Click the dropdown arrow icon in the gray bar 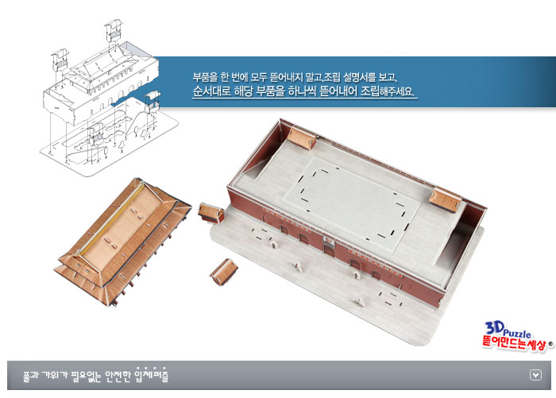(535, 375)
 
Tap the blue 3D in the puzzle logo (494, 328)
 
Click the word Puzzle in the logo (518, 334)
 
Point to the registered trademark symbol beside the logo (550, 343)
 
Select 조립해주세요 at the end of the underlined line (388, 91)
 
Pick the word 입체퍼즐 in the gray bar (152, 375)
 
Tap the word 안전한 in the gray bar (118, 375)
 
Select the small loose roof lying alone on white (224, 272)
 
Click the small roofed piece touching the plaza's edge (211, 213)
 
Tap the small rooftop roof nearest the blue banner (301, 138)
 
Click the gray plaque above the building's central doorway (330, 242)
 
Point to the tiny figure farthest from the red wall (360, 302)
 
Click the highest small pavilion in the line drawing (114, 30)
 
